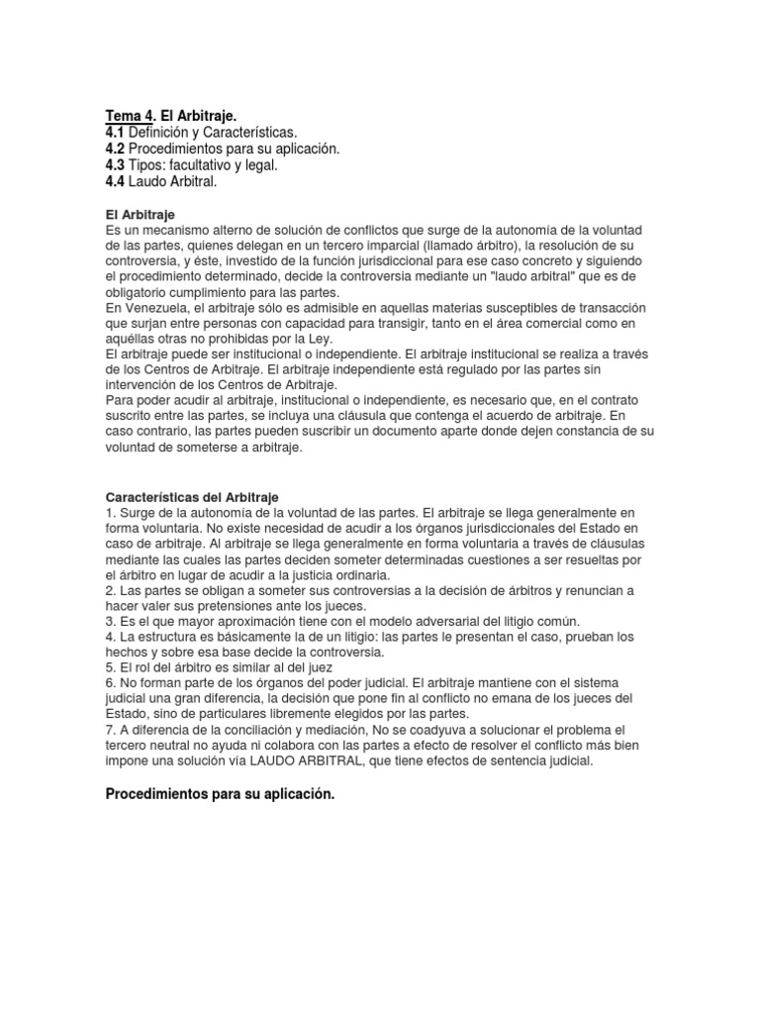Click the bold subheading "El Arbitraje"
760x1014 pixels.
pyautogui.click(x=140, y=214)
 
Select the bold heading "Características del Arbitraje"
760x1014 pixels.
pyautogui.click(x=192, y=496)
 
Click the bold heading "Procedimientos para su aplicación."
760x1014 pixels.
pyautogui.click(x=220, y=794)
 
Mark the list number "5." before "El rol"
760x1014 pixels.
pyautogui.click(x=110, y=667)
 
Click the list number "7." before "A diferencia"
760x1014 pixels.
pyautogui.click(x=110, y=730)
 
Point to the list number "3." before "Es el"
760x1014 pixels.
pyautogui.click(x=110, y=621)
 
